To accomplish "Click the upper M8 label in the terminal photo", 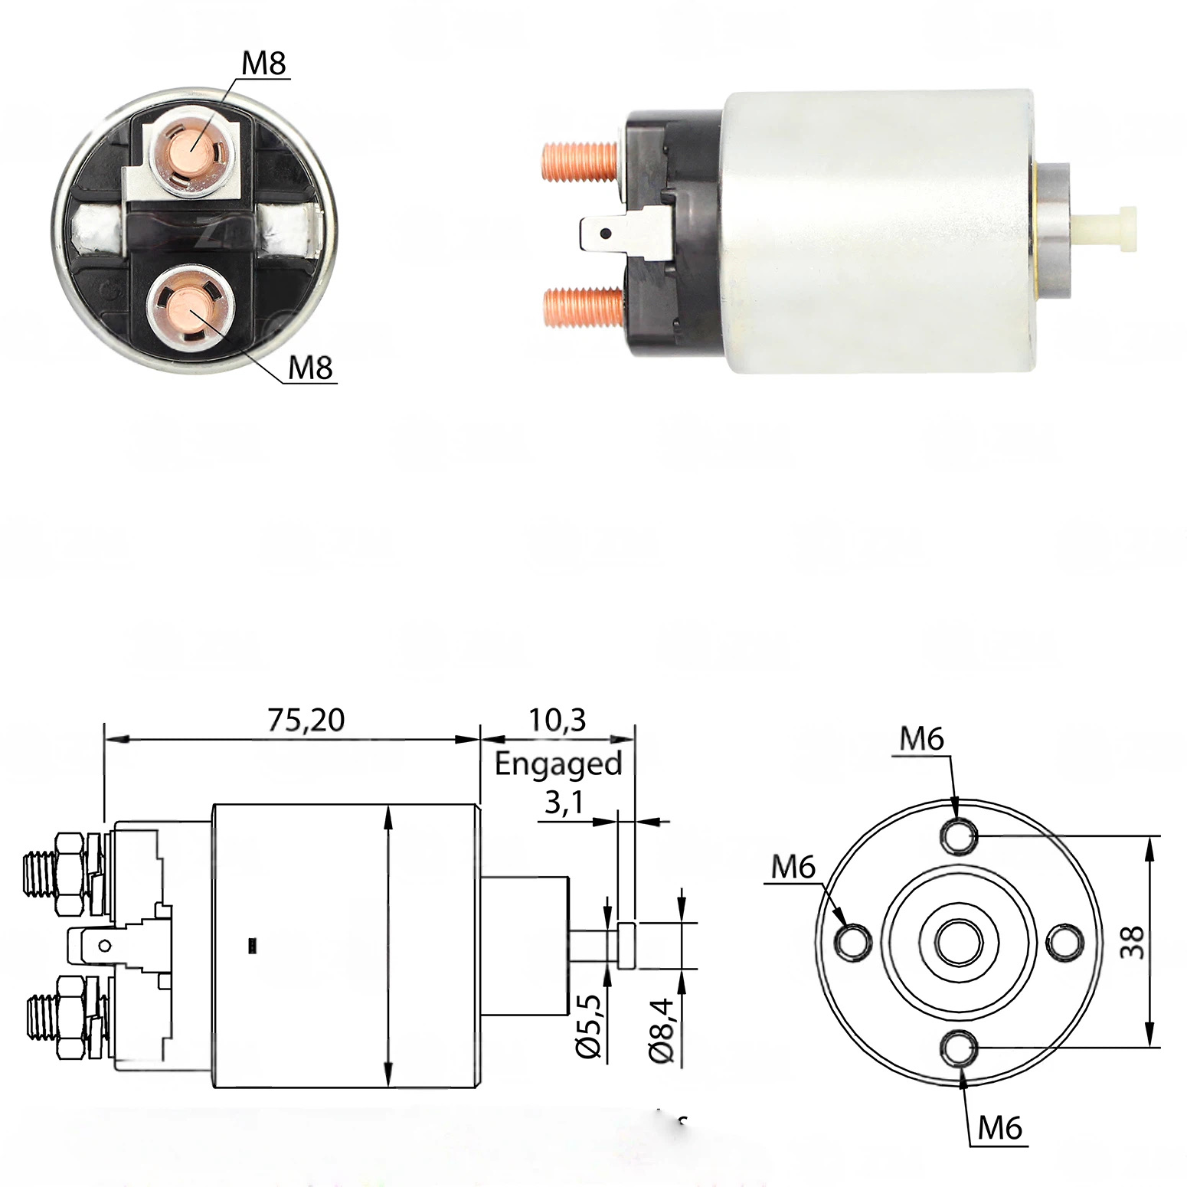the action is (x=264, y=64).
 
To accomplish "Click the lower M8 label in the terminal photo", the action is (x=311, y=369).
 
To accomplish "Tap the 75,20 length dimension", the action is (x=306, y=719).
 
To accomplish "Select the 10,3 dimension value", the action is (x=557, y=719).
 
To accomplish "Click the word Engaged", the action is (x=558, y=764).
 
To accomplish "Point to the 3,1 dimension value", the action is (x=564, y=803).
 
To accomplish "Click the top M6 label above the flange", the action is (x=922, y=739).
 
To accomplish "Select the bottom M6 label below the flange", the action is (x=1000, y=1127).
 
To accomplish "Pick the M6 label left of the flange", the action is (x=793, y=868).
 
